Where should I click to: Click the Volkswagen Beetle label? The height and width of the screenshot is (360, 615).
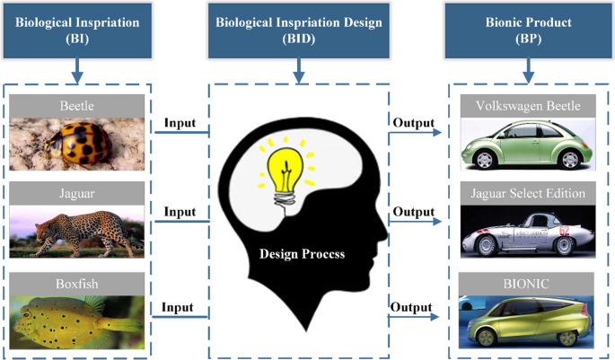point(527,106)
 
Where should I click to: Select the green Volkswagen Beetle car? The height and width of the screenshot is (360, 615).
point(527,144)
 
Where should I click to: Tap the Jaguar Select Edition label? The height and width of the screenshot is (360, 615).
point(527,193)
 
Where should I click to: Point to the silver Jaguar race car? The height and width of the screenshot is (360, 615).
point(527,232)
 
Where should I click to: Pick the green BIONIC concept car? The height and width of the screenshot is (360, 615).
point(527,320)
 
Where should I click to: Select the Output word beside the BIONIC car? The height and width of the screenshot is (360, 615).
point(411,307)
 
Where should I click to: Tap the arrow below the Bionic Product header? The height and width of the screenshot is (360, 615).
point(528,67)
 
